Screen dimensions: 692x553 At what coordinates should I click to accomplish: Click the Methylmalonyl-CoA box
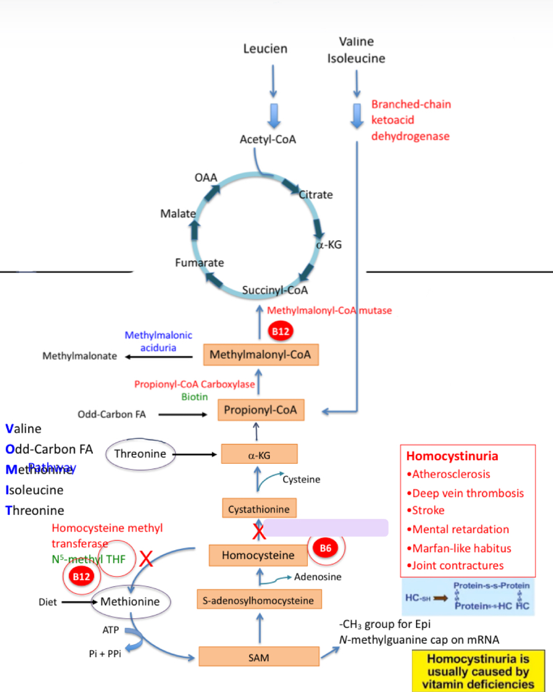[x=260, y=355]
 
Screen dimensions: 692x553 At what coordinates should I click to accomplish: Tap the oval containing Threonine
[x=140, y=454]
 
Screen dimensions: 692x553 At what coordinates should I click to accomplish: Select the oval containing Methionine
[x=130, y=601]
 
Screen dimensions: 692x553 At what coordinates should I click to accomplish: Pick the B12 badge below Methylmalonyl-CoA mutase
[x=280, y=332]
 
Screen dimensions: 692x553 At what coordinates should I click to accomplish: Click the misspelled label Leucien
[x=266, y=49]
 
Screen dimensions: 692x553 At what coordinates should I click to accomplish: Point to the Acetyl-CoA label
[x=268, y=139]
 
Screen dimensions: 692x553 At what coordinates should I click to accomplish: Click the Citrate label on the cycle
[x=316, y=194]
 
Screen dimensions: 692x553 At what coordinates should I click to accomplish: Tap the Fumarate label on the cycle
[x=199, y=262]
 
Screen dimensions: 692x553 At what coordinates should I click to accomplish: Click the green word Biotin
[x=194, y=397]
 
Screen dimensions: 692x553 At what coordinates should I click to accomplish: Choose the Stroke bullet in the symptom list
[x=428, y=510]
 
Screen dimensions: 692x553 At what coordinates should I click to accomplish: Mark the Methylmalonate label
[x=80, y=356]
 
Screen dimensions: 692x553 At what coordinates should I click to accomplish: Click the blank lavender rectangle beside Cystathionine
[x=326, y=528]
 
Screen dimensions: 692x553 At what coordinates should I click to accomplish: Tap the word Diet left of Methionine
[x=48, y=602]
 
